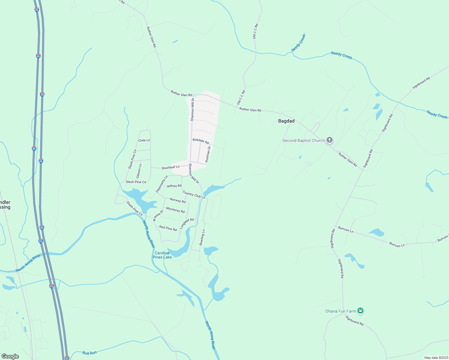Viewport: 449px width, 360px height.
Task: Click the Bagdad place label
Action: tap(286, 121)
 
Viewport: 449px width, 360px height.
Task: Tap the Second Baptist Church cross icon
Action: tap(330, 140)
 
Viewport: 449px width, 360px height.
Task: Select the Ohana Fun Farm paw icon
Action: tap(360, 311)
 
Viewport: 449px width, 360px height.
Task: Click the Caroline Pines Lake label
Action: tap(162, 255)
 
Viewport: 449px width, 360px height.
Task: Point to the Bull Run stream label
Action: tap(90, 353)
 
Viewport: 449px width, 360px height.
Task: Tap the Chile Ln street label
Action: tap(144, 140)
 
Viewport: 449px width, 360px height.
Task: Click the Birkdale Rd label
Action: tap(201, 141)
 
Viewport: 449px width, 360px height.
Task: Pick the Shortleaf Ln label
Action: tap(170, 167)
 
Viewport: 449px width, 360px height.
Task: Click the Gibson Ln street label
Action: tap(139, 171)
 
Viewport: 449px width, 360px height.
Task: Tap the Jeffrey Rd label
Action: tap(174, 186)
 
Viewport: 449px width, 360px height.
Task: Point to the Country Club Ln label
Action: tap(194, 195)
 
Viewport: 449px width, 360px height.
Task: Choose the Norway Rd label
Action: tap(178, 200)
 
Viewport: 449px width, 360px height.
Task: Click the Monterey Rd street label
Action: tap(175, 210)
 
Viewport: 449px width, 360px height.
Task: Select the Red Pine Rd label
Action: tap(168, 228)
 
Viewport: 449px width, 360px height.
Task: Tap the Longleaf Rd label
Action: tap(187, 224)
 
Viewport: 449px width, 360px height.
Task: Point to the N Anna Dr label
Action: tap(158, 215)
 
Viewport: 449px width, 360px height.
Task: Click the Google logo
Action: tap(10, 356)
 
